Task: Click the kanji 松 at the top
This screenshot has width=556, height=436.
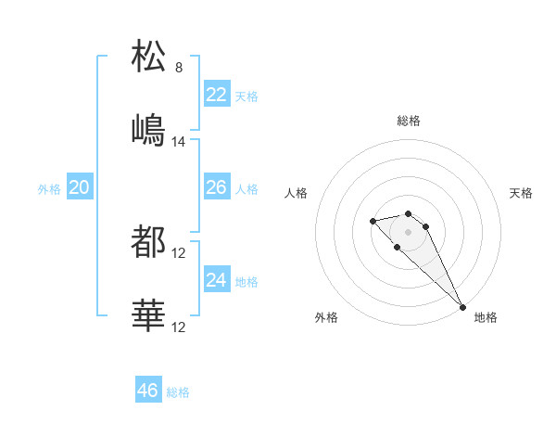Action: point(149,57)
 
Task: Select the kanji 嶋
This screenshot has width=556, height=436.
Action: point(149,130)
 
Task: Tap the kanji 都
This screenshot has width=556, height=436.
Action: point(149,242)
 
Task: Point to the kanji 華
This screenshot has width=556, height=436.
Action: point(149,315)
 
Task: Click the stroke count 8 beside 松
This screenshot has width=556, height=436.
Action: point(179,68)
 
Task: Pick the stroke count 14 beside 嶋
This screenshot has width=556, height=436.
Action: point(179,142)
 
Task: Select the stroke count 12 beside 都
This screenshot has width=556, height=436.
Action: point(179,253)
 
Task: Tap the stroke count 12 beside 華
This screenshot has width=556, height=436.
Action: point(179,327)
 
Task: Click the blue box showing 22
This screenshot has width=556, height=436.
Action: point(217,95)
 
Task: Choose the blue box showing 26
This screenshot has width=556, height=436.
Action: point(217,187)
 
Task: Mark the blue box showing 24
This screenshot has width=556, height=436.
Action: point(217,280)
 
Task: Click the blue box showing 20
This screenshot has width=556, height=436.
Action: point(80,187)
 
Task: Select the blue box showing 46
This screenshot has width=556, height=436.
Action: point(148,391)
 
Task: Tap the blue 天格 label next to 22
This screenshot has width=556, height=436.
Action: point(246,96)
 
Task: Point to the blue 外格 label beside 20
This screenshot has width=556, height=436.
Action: point(49,189)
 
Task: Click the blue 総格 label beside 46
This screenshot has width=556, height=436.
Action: point(178,392)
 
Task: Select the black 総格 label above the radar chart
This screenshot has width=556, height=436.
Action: point(409,121)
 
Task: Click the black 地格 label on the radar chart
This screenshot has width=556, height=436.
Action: point(486,317)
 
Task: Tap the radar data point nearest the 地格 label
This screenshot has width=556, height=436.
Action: point(462,306)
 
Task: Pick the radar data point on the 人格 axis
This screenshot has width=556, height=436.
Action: point(373,221)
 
